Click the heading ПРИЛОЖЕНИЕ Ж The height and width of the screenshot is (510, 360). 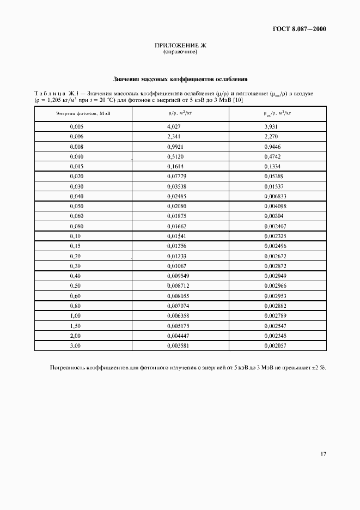(x=180, y=46)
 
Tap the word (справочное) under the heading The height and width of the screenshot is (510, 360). (x=180, y=52)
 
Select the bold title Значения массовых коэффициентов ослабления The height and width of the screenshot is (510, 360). (x=180, y=78)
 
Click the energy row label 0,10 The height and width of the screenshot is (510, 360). (x=75, y=236)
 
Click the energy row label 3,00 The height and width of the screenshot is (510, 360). (x=75, y=345)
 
